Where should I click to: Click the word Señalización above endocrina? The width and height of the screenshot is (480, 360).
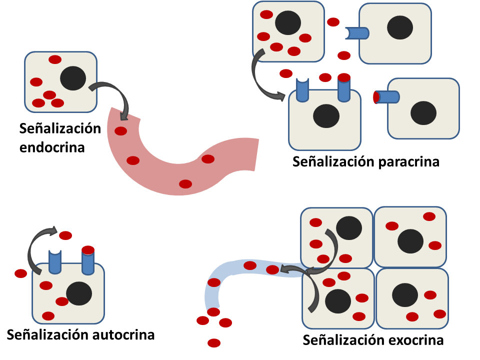coord(60,128)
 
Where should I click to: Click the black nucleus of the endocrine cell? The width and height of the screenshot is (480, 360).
coord(73,78)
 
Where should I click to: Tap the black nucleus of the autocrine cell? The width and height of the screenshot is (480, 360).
coord(79,293)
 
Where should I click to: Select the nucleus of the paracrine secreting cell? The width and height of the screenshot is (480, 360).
coord(288,22)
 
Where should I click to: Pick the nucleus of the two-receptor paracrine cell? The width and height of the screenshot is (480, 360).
coord(326,115)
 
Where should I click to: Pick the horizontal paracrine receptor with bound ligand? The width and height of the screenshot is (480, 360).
coord(387,96)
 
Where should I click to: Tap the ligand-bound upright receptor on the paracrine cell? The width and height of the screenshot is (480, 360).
coord(343,88)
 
